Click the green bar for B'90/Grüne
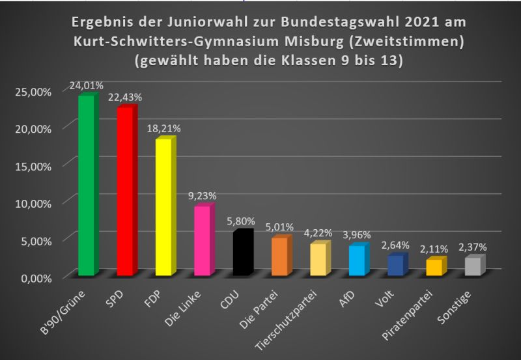tap(86, 186)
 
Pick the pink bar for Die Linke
tap(202, 241)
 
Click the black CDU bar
tap(241, 254)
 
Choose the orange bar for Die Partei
tap(279, 257)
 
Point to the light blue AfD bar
tap(357, 261)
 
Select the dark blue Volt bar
tap(395, 266)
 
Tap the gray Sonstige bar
tap(473, 267)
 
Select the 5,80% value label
tap(241, 221)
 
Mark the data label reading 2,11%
tap(434, 249)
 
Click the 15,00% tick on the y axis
tap(33, 165)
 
